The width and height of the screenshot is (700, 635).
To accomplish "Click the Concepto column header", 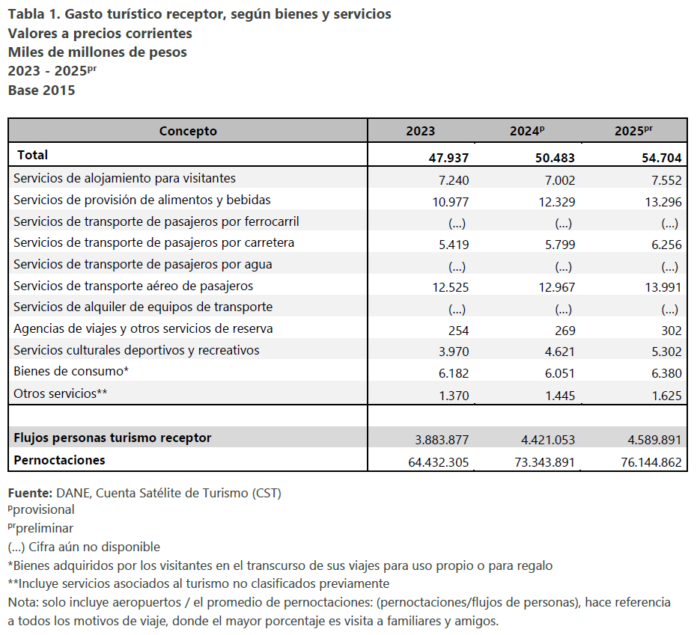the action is pyautogui.click(x=188, y=131).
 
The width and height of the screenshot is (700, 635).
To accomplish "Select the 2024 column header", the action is pyautogui.click(x=527, y=131).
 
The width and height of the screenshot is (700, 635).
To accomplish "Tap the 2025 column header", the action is pyautogui.click(x=633, y=131).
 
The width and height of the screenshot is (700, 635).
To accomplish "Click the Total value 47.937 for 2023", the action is pyautogui.click(x=448, y=158).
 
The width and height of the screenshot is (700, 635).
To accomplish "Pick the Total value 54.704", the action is pyautogui.click(x=662, y=158).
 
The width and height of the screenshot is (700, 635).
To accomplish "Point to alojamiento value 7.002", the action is pyautogui.click(x=560, y=180).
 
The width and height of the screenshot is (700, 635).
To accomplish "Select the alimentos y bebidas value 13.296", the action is pyautogui.click(x=663, y=202).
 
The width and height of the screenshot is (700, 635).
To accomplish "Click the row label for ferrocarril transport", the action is pyautogui.click(x=156, y=221).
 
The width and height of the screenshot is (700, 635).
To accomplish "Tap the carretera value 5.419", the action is pyautogui.click(x=454, y=245).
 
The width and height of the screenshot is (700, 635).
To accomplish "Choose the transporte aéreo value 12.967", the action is pyautogui.click(x=557, y=287).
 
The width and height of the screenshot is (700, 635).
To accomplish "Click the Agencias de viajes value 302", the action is pyautogui.click(x=672, y=331).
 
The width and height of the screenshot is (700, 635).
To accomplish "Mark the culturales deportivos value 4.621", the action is pyautogui.click(x=560, y=352).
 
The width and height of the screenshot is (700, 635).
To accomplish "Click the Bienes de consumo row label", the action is pyautogui.click(x=71, y=371).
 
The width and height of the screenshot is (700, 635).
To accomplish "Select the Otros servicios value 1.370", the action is pyautogui.click(x=454, y=396).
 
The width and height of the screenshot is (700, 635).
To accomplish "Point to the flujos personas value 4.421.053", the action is pyautogui.click(x=548, y=440).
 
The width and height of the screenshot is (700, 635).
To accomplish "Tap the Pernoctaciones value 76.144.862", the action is pyautogui.click(x=651, y=462).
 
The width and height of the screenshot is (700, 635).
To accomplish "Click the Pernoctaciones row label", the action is pyautogui.click(x=59, y=460).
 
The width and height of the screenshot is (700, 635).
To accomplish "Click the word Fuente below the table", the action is pyautogui.click(x=31, y=493).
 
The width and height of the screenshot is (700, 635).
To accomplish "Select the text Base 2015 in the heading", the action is pyautogui.click(x=41, y=90).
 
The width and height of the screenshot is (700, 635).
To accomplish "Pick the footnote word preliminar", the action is pyautogui.click(x=44, y=528).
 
